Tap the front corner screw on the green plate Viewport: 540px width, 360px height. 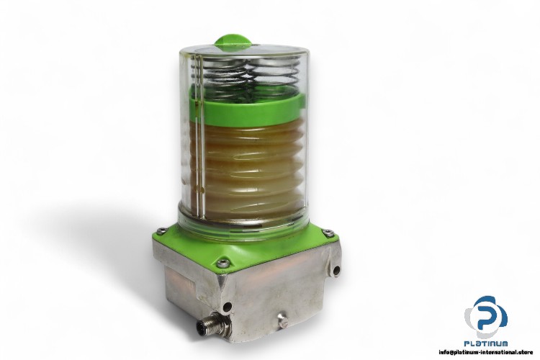(228, 261)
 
